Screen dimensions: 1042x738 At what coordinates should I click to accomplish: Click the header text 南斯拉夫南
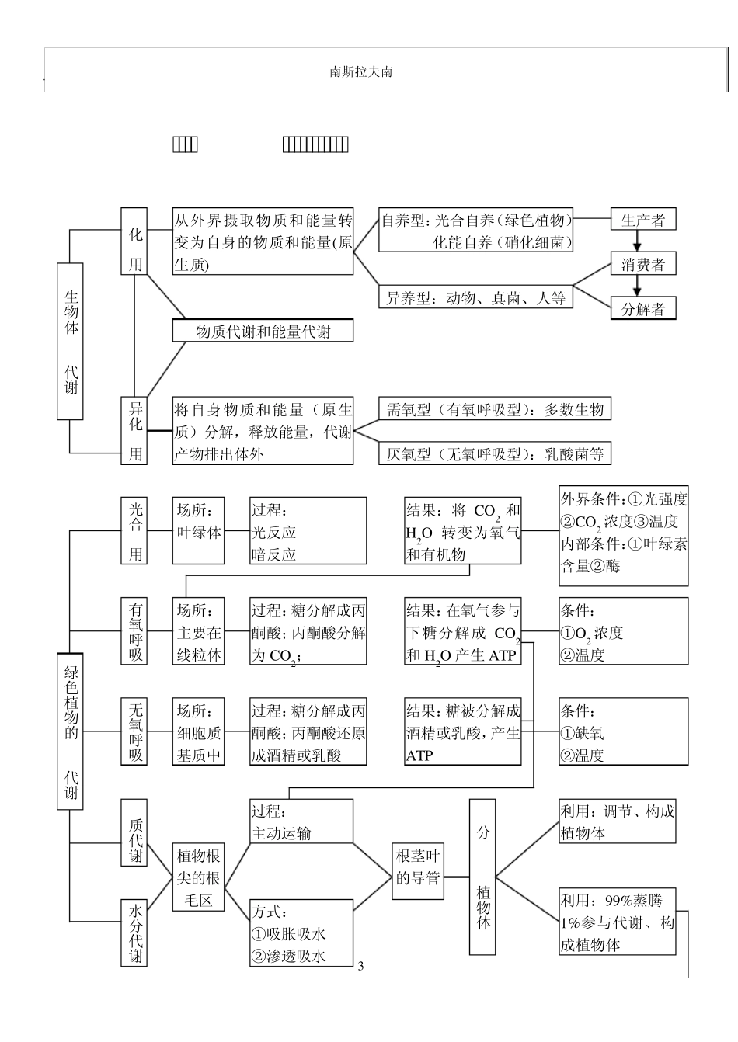click(360, 71)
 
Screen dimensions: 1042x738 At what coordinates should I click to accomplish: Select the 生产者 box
click(642, 220)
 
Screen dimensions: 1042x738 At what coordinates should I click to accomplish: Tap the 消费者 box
click(642, 264)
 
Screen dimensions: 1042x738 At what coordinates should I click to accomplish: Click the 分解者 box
click(642, 308)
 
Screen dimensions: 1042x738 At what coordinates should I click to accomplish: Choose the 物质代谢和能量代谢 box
click(263, 331)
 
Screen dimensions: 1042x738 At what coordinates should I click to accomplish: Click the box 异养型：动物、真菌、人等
click(475, 297)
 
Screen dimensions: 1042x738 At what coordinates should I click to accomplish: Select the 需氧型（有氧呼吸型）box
click(494, 409)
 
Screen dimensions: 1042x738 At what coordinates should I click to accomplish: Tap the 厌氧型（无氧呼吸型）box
click(494, 453)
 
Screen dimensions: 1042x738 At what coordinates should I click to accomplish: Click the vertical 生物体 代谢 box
click(71, 341)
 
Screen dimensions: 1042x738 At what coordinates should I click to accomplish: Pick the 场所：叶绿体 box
click(198, 531)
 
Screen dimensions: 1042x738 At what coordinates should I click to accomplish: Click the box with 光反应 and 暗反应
click(308, 531)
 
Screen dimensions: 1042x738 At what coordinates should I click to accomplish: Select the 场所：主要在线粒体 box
click(198, 631)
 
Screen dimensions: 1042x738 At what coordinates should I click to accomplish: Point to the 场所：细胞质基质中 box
click(198, 731)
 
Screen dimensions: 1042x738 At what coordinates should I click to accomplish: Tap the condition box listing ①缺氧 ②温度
click(623, 731)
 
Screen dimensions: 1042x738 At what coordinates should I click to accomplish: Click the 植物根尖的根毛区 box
click(198, 877)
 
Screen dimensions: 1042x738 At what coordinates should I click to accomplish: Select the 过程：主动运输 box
click(301, 821)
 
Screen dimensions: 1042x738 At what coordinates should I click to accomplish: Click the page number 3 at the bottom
click(360, 967)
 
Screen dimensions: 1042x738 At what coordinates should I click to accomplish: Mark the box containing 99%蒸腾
click(617, 922)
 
